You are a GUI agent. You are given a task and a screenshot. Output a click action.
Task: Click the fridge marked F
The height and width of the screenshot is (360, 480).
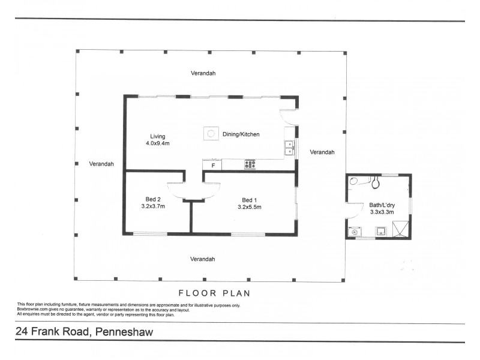[x=212, y=164]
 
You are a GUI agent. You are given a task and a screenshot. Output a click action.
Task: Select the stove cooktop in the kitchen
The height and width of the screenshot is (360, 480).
[x=250, y=164]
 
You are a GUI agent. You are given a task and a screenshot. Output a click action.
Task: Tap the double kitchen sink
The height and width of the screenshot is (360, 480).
[x=289, y=148]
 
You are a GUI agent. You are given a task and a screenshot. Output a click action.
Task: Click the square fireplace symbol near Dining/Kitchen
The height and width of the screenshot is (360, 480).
[x=211, y=133]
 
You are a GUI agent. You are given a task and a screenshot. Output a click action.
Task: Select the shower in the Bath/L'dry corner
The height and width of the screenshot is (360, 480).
[x=400, y=229]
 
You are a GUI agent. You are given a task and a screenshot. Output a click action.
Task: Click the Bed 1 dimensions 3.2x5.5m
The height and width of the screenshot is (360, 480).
[x=249, y=207]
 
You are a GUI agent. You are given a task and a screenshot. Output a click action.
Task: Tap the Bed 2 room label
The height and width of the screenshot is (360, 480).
[x=153, y=199]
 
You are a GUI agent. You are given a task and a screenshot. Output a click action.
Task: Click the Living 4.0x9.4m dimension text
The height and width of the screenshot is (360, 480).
[x=158, y=143]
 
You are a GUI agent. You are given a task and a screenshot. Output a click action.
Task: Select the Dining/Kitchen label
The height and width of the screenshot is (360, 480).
[x=241, y=134]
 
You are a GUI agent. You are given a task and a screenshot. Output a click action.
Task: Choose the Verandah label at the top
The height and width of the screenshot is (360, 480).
[x=203, y=73]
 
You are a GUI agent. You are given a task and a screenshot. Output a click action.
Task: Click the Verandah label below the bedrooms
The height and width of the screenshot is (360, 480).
[x=203, y=259]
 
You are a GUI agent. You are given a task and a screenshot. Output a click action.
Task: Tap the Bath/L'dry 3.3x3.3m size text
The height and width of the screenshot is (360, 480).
[x=382, y=212]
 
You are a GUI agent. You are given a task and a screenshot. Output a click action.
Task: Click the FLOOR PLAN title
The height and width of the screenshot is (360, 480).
[x=214, y=293]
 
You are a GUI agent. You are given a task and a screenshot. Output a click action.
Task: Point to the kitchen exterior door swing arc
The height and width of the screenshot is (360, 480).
[x=288, y=116]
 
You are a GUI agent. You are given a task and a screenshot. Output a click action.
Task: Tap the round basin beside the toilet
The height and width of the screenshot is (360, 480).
[x=354, y=181]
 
